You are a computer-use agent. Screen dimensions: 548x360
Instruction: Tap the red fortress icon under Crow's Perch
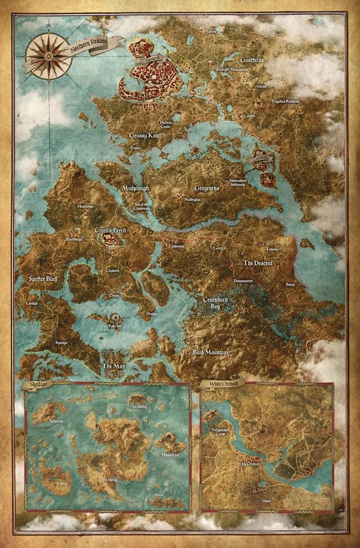pyautogui.click(x=112, y=240)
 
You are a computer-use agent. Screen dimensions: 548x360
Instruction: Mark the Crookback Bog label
pyautogui.click(x=217, y=303)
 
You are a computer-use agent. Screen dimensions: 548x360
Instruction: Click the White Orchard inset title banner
pyautogui.click(x=218, y=386)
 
